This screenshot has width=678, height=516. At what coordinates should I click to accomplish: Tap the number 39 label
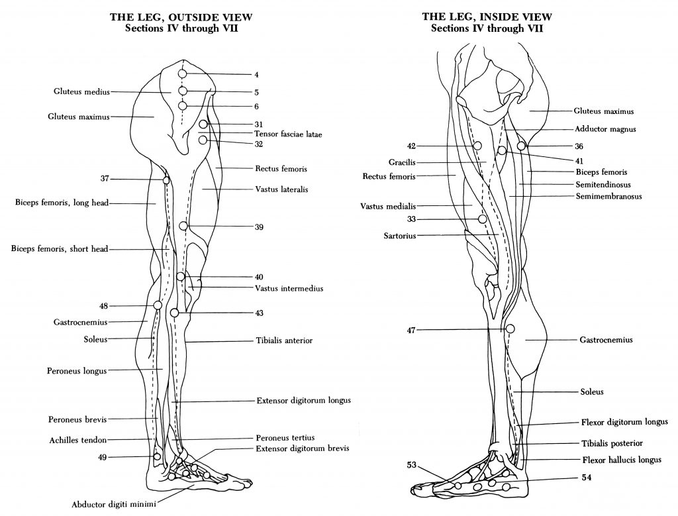[259, 227]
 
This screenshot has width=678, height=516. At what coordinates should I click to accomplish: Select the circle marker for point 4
[183, 74]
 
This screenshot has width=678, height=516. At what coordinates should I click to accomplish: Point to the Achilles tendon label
[77, 440]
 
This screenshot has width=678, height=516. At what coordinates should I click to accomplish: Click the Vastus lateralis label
[281, 189]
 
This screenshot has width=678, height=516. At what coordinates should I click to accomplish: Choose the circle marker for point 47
[510, 329]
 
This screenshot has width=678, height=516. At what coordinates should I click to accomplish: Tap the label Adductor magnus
[605, 130]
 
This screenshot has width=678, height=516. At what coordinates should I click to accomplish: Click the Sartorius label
[400, 235]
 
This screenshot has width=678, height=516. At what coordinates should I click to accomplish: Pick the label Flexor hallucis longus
[621, 459]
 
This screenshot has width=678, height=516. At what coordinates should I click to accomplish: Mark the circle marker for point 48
[158, 305]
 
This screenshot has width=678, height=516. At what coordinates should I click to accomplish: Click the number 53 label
[412, 466]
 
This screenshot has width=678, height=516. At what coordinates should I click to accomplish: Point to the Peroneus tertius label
[285, 438]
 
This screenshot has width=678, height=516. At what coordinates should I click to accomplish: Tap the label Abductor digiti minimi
[115, 505]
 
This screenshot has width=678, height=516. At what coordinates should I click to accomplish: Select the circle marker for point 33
[483, 219]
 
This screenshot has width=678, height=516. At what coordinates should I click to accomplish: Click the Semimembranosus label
[608, 196]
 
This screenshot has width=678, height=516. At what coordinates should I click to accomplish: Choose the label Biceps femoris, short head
[59, 249]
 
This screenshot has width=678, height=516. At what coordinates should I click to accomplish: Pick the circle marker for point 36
[522, 146]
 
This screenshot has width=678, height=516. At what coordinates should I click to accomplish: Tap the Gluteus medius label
[82, 91]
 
